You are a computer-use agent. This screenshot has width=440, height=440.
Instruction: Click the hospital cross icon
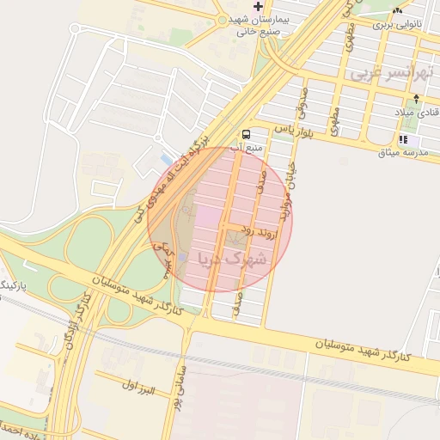(257, 6)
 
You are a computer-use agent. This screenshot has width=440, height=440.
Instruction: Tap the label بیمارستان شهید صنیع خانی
(257, 23)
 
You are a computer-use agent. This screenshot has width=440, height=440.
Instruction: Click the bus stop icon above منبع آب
(247, 134)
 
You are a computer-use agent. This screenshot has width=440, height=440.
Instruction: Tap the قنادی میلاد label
(416, 113)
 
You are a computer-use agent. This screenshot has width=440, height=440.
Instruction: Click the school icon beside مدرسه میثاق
(404, 139)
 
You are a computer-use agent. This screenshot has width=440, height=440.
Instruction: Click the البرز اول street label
(137, 390)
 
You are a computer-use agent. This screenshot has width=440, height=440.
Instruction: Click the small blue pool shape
(166, 159)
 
